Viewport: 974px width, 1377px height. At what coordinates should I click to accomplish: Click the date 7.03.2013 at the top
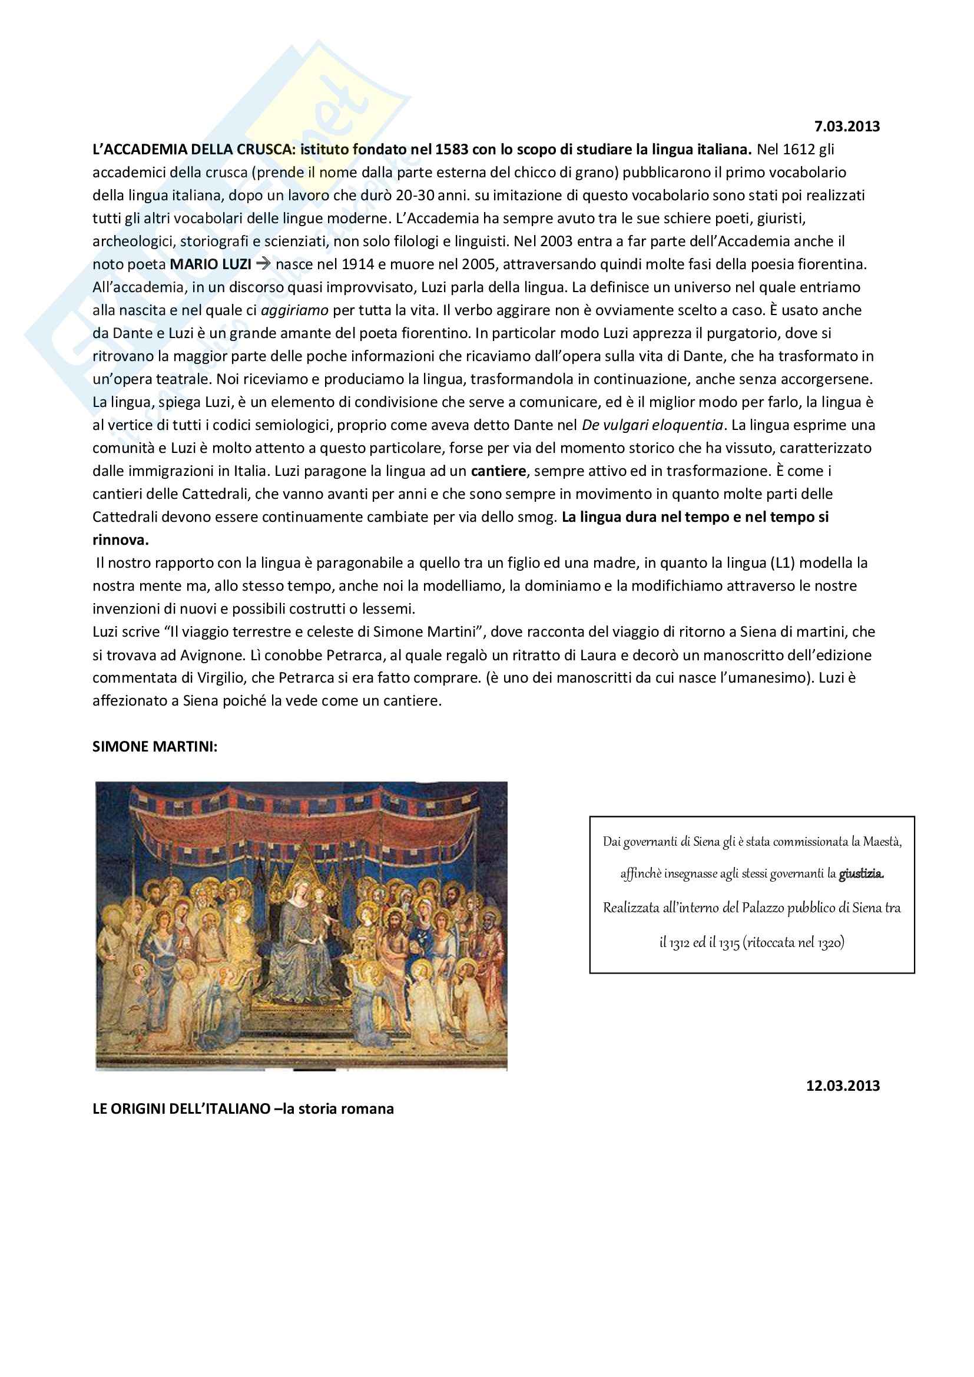coord(846,127)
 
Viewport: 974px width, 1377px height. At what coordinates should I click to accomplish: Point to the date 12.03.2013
coord(842,1085)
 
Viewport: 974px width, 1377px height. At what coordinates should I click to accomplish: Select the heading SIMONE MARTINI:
coord(155,747)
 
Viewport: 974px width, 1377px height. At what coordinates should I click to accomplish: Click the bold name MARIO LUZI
coord(210,264)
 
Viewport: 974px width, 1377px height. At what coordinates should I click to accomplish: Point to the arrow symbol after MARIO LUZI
coord(263,264)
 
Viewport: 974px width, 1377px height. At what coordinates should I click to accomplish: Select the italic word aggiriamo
coord(295,310)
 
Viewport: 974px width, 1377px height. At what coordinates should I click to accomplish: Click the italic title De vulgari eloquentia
coord(652,425)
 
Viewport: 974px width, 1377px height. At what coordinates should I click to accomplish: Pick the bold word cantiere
coord(498,471)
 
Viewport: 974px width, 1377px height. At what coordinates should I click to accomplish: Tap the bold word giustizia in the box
coord(862,874)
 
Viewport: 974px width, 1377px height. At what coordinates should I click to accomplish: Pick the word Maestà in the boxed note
coord(882,842)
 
